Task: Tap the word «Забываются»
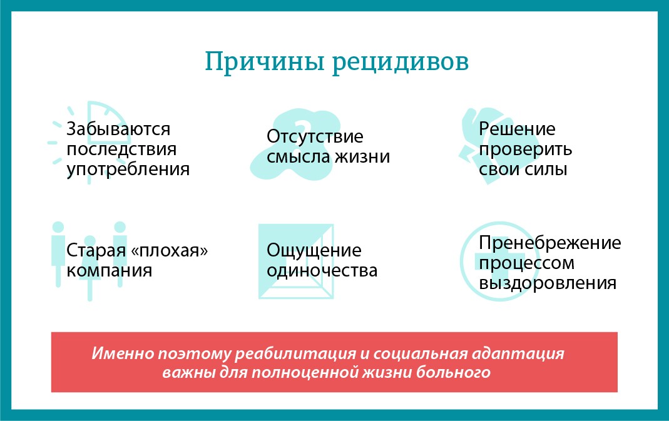[x=118, y=129]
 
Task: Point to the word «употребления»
[x=128, y=169]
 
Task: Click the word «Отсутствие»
[x=315, y=136]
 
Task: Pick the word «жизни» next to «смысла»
[x=362, y=156]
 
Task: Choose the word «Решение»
[x=517, y=129]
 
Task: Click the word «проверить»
[x=525, y=150]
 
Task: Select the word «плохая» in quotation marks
[x=170, y=251]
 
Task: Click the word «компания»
[x=110, y=270]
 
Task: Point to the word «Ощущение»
[x=314, y=251]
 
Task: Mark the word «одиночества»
[x=322, y=270]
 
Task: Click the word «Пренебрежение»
[x=550, y=243]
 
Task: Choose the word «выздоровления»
[x=548, y=283]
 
